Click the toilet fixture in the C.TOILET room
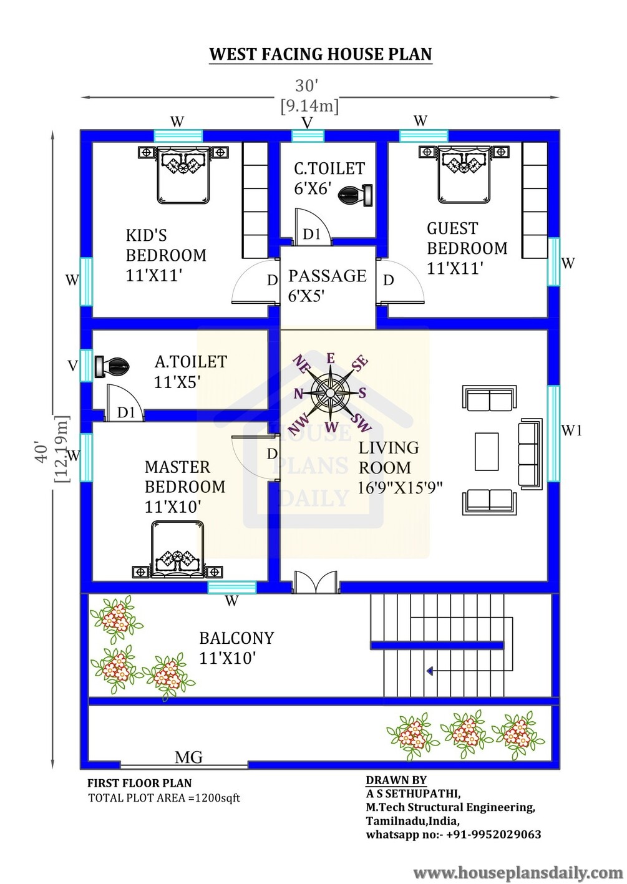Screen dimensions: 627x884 click(356, 195)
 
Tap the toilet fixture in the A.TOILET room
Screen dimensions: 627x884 click(111, 367)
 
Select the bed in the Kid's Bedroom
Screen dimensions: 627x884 click(183, 175)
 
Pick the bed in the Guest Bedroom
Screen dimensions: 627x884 click(464, 175)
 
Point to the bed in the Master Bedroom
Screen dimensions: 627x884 click(178, 550)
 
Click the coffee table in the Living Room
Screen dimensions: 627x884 click(487, 452)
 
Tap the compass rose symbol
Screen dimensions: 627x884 click(331, 392)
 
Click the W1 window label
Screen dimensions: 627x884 click(571, 430)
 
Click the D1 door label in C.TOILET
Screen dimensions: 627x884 click(312, 234)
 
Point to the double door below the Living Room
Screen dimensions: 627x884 click(316, 581)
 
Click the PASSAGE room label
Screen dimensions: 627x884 click(328, 276)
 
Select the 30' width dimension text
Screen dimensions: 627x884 click(306, 85)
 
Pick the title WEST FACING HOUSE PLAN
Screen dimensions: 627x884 click(321, 54)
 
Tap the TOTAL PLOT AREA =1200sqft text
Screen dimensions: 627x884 click(164, 797)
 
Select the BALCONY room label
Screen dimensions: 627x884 click(236, 638)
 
